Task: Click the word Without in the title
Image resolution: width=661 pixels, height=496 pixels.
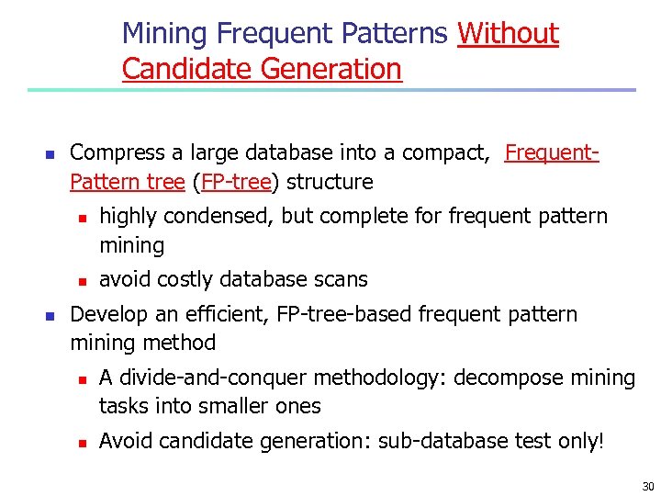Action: pyautogui.click(x=508, y=34)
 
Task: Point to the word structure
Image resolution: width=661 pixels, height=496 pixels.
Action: pyautogui.click(x=330, y=182)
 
